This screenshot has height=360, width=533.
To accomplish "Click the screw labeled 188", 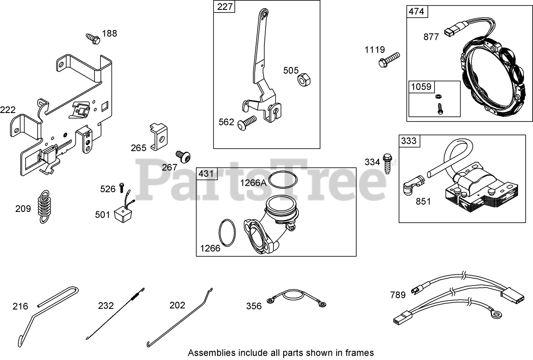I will pos(93,38).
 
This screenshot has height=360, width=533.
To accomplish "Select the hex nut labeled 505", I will pos(304,79).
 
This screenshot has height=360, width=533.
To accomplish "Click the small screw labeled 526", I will pos(121,187).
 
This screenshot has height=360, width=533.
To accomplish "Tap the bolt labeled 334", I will pos(388,163).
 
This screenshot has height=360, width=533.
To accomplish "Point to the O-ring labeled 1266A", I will pos(283,179).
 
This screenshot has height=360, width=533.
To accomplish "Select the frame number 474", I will pos(416,11).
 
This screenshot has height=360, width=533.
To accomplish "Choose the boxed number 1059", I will pos(421,86).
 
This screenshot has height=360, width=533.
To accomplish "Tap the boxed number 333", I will pos(409,141).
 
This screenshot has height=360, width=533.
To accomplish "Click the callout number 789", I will pos(398,295).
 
